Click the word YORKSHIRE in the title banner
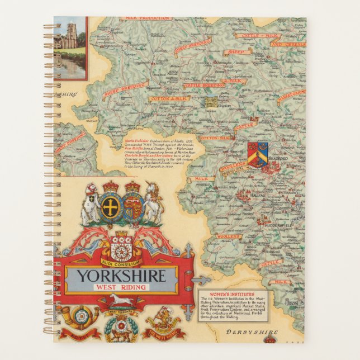[121, 276]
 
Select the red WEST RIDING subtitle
[121, 287]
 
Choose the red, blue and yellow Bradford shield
[258, 153]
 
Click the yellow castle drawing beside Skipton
[211, 102]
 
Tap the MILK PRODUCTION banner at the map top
[148, 18]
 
